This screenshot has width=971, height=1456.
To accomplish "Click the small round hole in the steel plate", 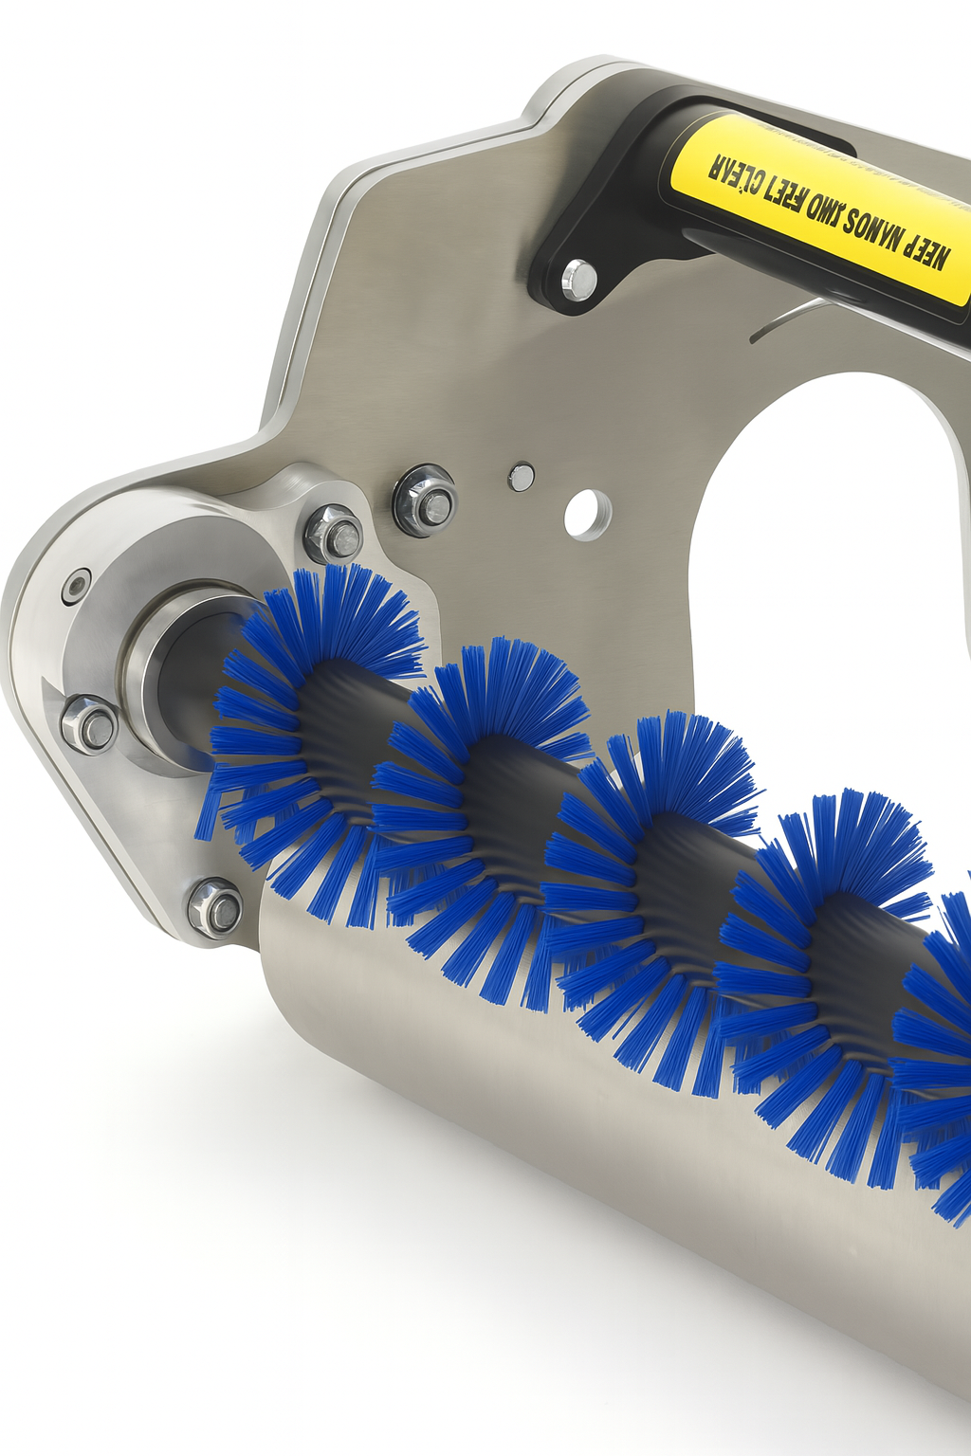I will pos(587,514).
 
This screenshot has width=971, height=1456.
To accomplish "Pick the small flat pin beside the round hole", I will pos(521,477).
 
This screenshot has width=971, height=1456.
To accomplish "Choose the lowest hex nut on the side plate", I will pos(215,907).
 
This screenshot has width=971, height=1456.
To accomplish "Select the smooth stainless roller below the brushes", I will pos(569,1137).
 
